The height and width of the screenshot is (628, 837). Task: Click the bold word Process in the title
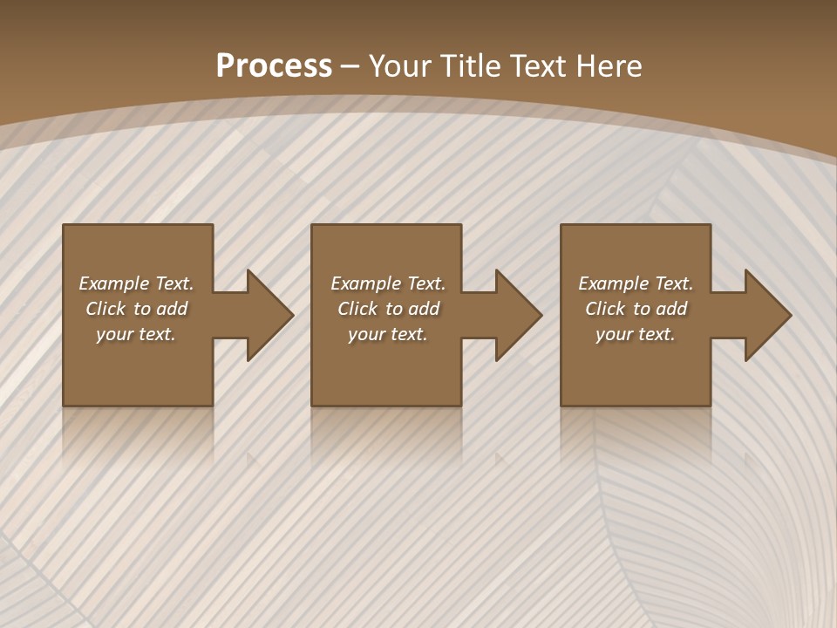point(274,66)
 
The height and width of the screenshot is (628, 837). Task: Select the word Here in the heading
point(608,66)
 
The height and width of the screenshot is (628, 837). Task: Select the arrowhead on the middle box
point(518,315)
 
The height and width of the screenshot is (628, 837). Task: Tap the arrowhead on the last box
point(767,315)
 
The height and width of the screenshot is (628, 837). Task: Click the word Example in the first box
point(113,283)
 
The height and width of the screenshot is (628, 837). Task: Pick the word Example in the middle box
point(365,283)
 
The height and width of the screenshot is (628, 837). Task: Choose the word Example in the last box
point(613,283)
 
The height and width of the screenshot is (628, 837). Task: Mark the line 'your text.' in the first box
point(136,334)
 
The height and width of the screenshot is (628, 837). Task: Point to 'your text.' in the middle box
point(388,334)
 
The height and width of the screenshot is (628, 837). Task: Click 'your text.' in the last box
point(636,334)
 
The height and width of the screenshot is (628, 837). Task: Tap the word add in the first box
point(173,309)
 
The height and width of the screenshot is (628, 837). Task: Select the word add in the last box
point(672,309)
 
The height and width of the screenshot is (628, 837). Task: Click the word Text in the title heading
point(541,66)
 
